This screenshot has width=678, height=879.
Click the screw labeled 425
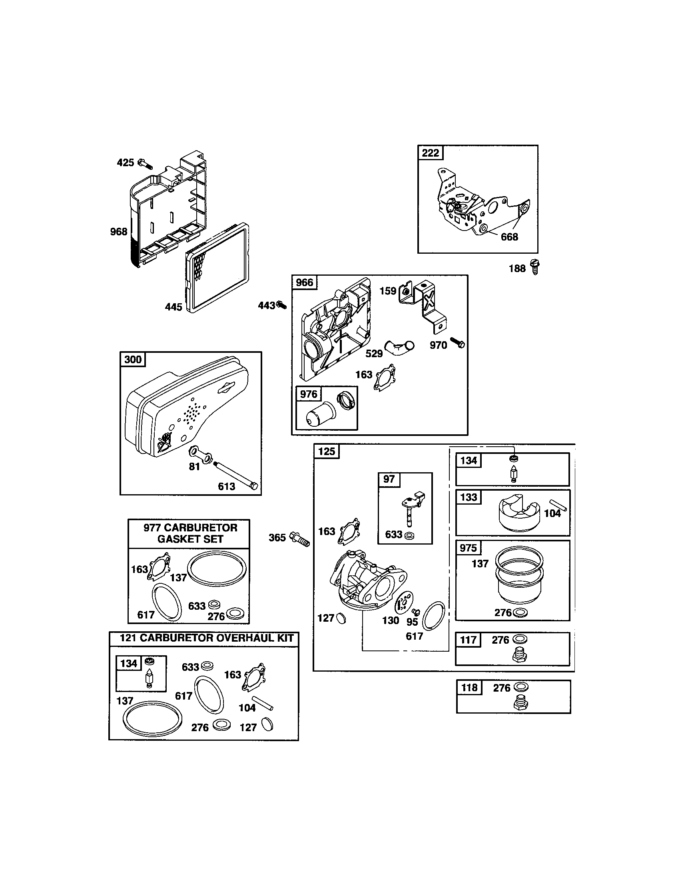point(146,164)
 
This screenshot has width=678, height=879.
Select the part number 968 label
point(118,231)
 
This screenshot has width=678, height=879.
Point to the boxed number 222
point(431,153)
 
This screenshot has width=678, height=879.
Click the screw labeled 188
point(535,266)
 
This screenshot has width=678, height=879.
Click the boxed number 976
point(308,394)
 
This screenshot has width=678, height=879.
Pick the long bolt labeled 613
point(235,473)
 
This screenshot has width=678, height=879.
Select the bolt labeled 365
point(300,539)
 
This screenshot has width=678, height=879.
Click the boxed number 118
point(469,688)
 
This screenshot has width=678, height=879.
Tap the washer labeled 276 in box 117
point(520,639)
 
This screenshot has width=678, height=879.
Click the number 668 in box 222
point(509,237)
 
